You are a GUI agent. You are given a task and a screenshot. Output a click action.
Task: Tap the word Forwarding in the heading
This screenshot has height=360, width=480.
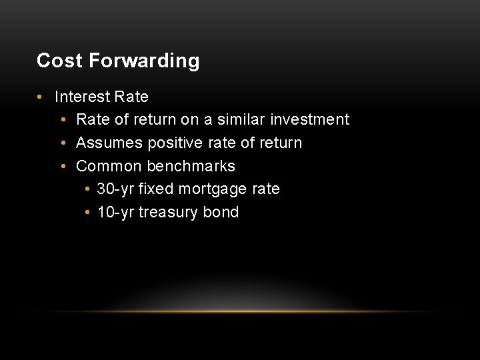[x=144, y=61]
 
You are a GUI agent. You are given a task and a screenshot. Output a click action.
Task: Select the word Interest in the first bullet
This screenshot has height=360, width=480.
[x=82, y=97]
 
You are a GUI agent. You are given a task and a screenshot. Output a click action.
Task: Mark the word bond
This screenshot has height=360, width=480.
[x=222, y=212]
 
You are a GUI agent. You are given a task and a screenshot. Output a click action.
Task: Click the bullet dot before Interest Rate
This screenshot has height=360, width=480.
[x=40, y=97]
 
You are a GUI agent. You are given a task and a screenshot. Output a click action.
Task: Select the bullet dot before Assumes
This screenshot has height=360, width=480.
[x=62, y=143]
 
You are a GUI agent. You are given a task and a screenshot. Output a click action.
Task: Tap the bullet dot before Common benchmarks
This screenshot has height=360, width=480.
[x=62, y=167]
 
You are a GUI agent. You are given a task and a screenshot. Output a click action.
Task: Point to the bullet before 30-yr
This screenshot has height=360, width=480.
[x=88, y=189]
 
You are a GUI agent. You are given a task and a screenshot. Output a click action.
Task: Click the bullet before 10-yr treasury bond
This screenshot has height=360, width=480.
[x=88, y=213]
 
